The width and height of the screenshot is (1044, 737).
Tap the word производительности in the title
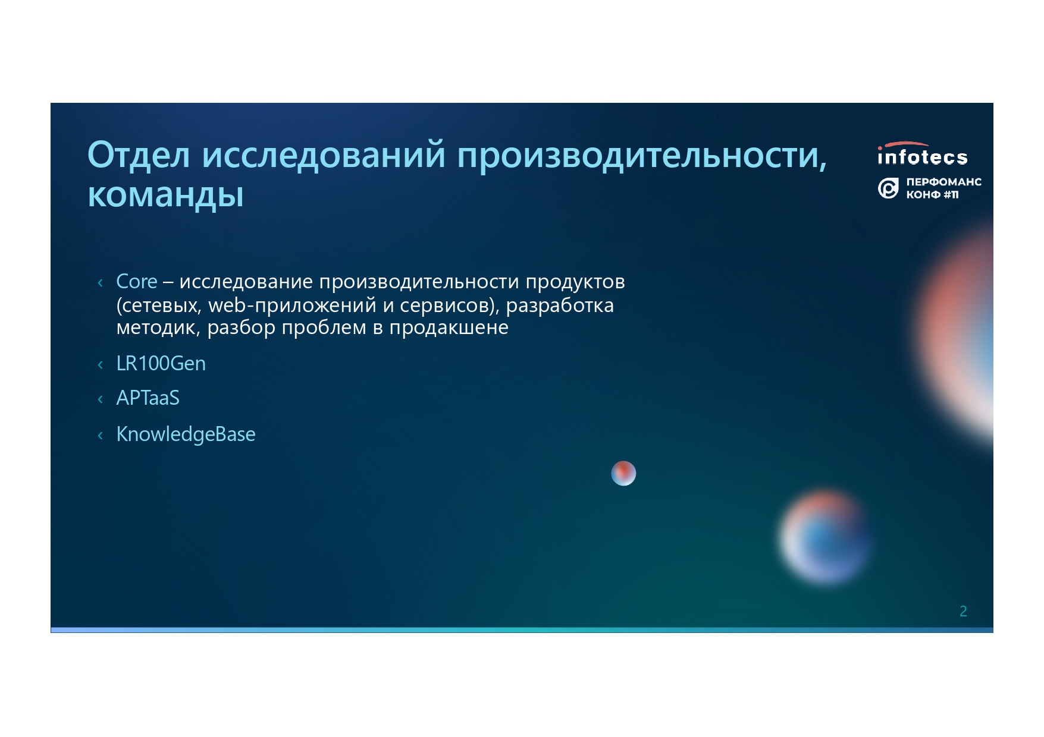click(642, 156)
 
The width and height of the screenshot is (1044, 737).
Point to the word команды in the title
click(165, 194)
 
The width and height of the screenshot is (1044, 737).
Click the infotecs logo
click(922, 154)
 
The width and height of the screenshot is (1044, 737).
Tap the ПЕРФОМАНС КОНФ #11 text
click(943, 188)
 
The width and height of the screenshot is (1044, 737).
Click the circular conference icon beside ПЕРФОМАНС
click(888, 188)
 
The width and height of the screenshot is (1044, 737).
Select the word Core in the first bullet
click(137, 281)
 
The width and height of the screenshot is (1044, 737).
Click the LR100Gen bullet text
click(161, 363)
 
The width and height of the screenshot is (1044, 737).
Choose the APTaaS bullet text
click(148, 398)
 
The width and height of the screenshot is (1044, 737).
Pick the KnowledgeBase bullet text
click(186, 434)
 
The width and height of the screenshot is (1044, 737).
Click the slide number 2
click(963, 611)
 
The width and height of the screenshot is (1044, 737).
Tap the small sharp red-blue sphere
click(623, 473)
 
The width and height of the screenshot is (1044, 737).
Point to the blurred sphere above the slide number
click(826, 537)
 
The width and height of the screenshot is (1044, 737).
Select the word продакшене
click(449, 327)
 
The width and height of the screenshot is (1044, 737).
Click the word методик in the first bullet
click(158, 327)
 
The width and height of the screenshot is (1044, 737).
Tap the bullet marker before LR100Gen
click(100, 364)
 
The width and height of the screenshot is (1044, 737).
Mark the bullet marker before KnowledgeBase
click(100, 435)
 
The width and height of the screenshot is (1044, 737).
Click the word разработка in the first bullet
click(560, 305)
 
